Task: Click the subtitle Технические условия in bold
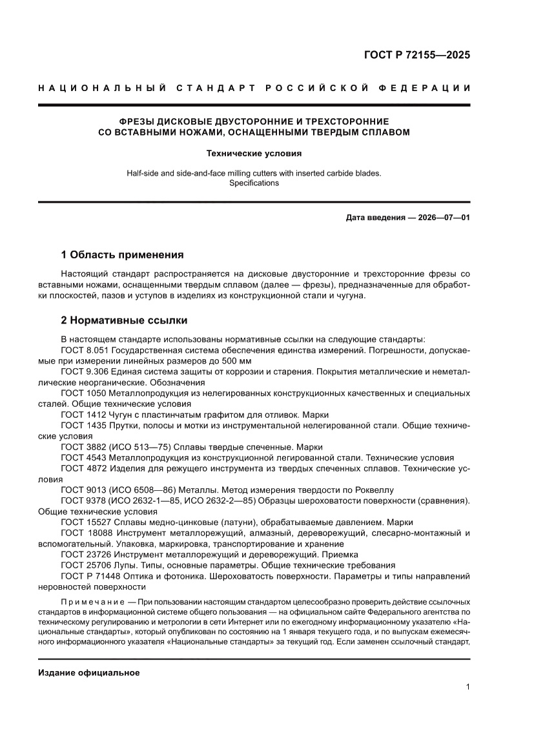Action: tap(254, 154)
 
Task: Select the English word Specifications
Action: tap(254, 183)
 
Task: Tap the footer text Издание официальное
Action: tap(89, 672)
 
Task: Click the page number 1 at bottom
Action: tap(467, 687)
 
